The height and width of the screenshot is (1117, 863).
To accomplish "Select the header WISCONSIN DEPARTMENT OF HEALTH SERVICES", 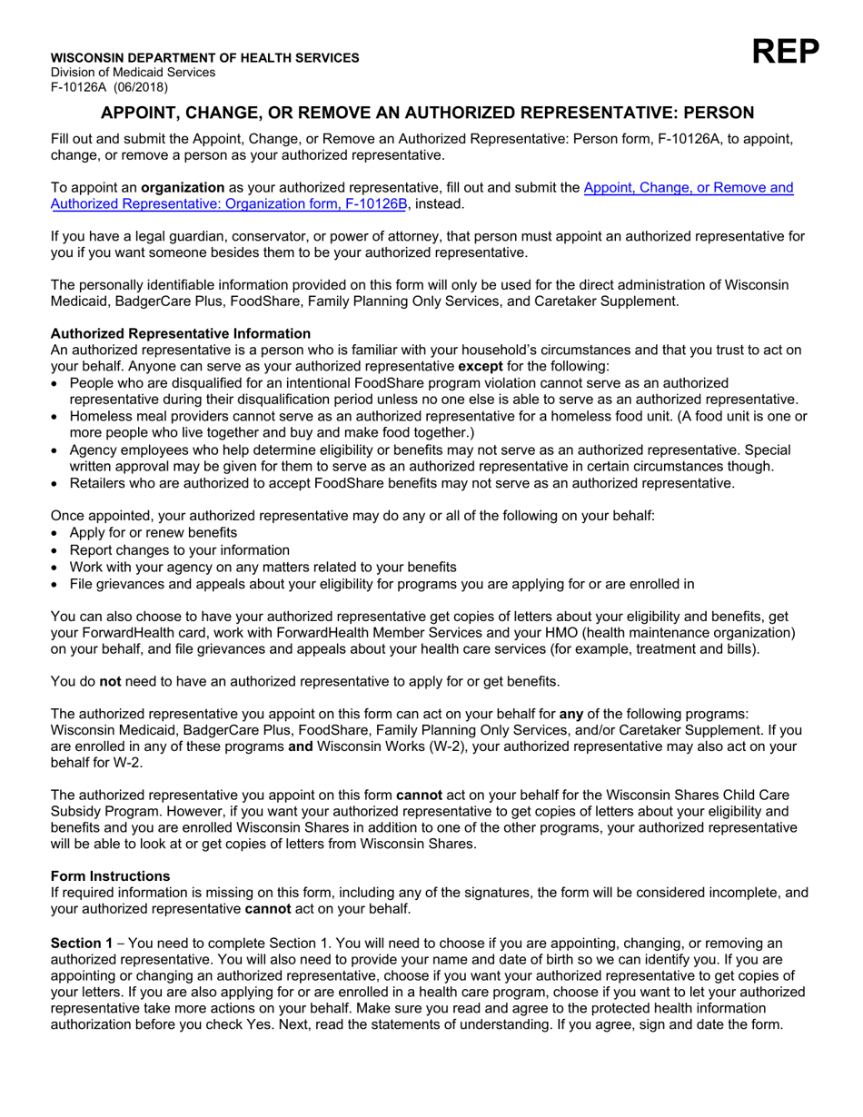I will (204, 57).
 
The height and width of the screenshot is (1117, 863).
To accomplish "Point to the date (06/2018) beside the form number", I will (140, 87).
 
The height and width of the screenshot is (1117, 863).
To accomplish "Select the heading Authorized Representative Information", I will (180, 334).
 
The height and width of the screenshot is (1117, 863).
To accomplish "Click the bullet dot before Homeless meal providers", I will (57, 417).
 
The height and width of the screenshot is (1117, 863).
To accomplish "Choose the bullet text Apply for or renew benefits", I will (153, 533).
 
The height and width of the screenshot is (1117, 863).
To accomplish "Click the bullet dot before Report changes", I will (57, 550).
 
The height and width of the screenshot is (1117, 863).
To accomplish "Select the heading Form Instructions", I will (110, 876).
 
